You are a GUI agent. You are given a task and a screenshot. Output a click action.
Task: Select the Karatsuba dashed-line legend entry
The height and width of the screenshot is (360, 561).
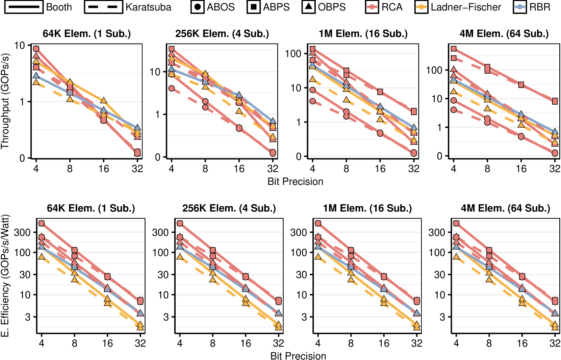pos(128,7)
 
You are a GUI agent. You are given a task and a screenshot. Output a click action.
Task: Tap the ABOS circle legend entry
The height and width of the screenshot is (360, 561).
pos(213,7)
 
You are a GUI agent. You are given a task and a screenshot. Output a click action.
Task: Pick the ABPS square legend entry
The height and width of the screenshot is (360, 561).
pos(268,7)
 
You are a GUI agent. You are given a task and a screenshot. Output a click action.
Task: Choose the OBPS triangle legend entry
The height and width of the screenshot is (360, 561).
pos(324,7)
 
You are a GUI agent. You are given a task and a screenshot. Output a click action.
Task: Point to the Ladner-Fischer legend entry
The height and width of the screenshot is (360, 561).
pos(458,7)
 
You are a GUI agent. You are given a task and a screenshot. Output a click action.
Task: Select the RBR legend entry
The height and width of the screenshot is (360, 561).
pos(532,7)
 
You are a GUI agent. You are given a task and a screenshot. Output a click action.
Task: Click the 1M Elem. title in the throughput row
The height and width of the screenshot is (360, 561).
pos(363,34)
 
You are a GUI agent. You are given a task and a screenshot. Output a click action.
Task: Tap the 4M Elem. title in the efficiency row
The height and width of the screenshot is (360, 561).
pos(506,208)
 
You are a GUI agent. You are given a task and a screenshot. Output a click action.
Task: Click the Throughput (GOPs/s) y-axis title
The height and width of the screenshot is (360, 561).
pos(5,101)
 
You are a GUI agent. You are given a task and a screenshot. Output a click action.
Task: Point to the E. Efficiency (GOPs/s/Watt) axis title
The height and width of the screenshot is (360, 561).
pos(5,276)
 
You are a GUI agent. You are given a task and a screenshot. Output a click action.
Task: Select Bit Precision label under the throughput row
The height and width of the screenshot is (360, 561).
pos(295,182)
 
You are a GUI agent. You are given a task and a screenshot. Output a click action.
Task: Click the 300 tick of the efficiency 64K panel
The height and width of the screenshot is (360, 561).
pos(22,232)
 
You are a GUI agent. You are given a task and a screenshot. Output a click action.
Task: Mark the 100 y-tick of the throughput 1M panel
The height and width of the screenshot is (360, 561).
pos(293,54)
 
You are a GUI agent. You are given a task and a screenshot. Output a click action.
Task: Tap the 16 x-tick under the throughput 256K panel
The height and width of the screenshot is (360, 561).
pos(239,169)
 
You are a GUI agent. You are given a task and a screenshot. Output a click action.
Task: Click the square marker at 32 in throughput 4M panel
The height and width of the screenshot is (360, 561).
pos(555,101)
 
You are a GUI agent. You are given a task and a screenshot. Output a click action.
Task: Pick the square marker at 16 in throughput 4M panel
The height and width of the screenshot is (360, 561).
pos(521,85)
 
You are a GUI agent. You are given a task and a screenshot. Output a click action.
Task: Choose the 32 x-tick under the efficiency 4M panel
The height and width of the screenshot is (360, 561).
pos(555,343)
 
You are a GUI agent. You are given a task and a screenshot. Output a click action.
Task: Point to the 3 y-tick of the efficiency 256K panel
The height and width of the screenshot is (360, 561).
pos(166,317)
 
